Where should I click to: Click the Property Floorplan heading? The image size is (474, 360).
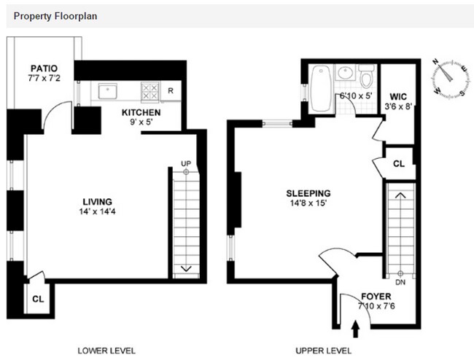pyautogui.click(x=55, y=16)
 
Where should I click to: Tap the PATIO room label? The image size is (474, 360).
pyautogui.click(x=44, y=69)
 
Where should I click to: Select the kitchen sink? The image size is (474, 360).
pyautogui.click(x=107, y=91)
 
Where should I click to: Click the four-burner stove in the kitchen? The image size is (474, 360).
pyautogui.click(x=150, y=91)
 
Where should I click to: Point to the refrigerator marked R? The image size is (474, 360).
pyautogui.click(x=171, y=90)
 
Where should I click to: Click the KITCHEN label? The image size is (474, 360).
pyautogui.click(x=141, y=113)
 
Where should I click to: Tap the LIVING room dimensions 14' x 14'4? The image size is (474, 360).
pyautogui.click(x=97, y=211)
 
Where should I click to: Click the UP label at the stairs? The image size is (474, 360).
pyautogui.click(x=186, y=163)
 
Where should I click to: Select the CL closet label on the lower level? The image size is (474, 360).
pyautogui.click(x=38, y=299)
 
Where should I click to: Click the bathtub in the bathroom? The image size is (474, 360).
pyautogui.click(x=321, y=88)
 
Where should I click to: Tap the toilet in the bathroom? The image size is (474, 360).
pyautogui.click(x=366, y=76)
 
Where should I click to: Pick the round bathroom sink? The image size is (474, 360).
pyautogui.click(x=345, y=73)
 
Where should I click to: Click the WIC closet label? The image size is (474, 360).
pyautogui.click(x=398, y=97)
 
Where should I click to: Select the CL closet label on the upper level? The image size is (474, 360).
pyautogui.click(x=399, y=164)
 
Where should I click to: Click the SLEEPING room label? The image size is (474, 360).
pyautogui.click(x=308, y=193)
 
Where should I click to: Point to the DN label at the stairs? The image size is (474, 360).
pyautogui.click(x=400, y=282)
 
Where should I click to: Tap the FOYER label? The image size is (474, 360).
pyautogui.click(x=376, y=297)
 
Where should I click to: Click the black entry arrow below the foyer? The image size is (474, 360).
pyautogui.click(x=356, y=329)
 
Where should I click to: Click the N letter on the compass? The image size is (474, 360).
pyautogui.click(x=435, y=62)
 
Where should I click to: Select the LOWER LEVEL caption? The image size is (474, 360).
pyautogui.click(x=106, y=351)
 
